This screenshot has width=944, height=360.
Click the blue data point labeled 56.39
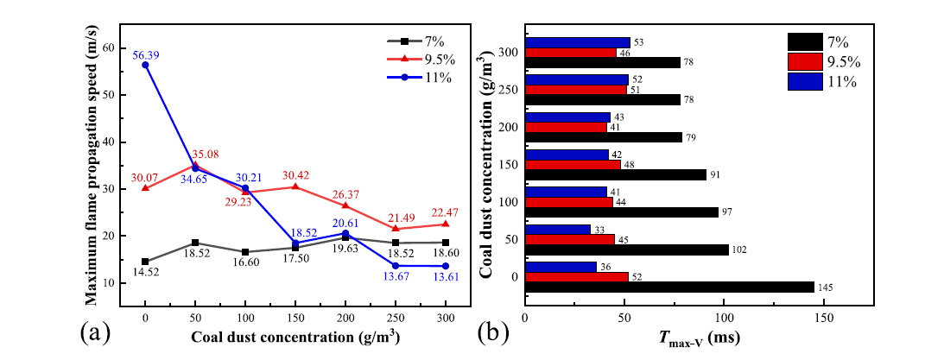coord(145,65)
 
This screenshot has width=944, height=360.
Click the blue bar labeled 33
coord(558,230)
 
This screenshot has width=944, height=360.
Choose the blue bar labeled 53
coord(578,42)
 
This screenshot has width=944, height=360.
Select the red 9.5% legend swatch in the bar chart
coord(806,61)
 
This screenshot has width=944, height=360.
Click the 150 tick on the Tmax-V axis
coord(822,317)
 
